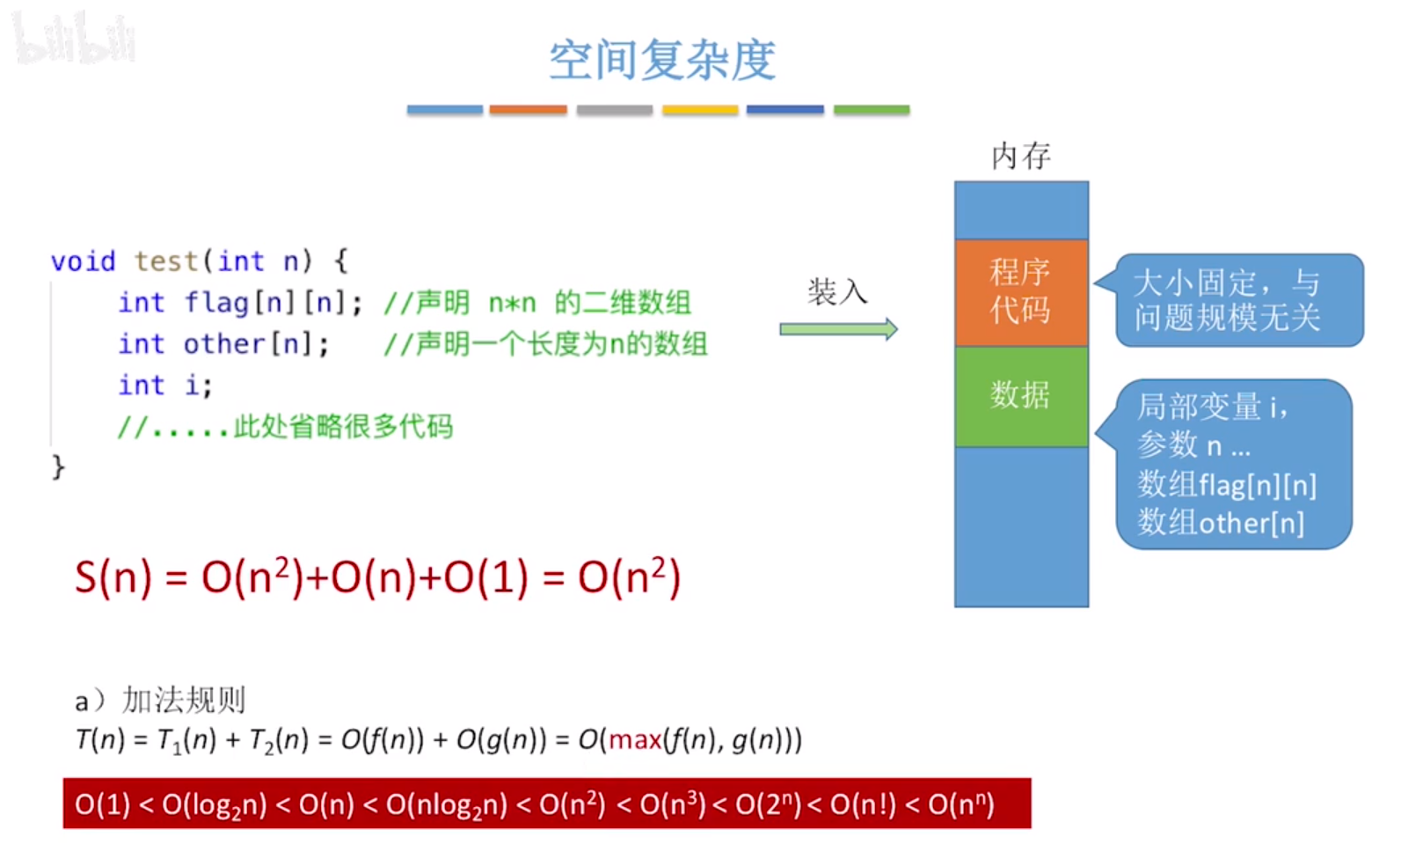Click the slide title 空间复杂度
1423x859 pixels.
click(x=662, y=60)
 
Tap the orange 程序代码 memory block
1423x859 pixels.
click(x=1020, y=291)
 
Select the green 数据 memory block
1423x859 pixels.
click(x=1020, y=395)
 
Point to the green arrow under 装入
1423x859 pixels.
click(x=838, y=329)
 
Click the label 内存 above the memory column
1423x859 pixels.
click(x=1020, y=156)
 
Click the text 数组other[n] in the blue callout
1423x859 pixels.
click(x=1220, y=523)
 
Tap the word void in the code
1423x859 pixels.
click(x=83, y=261)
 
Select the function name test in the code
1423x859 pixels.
click(x=165, y=261)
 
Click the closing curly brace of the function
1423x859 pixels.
click(x=58, y=466)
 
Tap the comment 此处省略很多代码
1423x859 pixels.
click(x=343, y=427)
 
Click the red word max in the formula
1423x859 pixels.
click(x=635, y=739)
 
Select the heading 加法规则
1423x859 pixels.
click(x=184, y=701)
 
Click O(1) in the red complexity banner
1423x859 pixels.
click(x=102, y=804)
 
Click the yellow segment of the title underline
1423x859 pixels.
click(x=700, y=110)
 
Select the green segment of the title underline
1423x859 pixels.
click(x=871, y=110)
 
